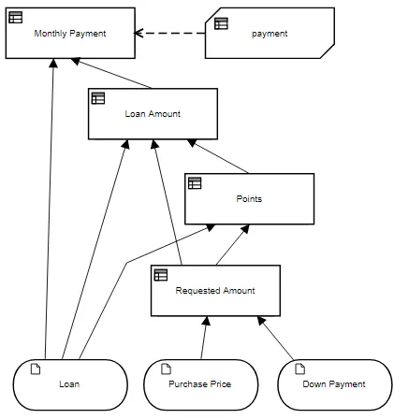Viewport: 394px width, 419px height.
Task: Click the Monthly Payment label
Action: coord(70,34)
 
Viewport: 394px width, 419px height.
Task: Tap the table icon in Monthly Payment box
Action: coord(16,18)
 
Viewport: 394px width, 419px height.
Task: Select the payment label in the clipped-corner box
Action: coord(270,34)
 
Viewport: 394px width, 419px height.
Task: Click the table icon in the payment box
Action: coord(221,23)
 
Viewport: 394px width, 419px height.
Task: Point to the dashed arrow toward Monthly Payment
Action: coord(169,33)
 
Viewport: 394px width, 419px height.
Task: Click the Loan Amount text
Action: coord(153,114)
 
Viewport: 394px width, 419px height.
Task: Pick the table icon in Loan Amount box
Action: coord(98,98)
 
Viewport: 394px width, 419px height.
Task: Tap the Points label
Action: coord(249,199)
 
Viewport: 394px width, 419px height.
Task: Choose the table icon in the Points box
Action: coord(195,183)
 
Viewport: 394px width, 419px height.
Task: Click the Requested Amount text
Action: coord(215,291)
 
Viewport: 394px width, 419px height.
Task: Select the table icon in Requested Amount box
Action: coord(161,275)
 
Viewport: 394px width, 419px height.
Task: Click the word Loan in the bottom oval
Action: coord(69,383)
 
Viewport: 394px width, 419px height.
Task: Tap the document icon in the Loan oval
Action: coord(36,368)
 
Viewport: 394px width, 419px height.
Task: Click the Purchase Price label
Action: coord(199,383)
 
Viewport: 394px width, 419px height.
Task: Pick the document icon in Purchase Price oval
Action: coord(166,368)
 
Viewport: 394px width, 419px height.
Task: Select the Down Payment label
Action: coord(334,383)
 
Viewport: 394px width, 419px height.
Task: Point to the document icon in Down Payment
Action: coord(299,368)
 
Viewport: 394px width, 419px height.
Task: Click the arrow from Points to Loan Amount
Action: coord(218,156)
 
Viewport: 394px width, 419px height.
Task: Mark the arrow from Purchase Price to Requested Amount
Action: coord(204,338)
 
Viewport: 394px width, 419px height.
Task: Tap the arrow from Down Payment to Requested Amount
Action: coord(275,339)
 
